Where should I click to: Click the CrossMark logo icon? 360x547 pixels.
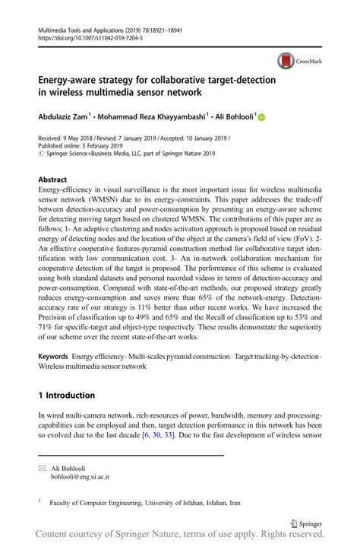[x=286, y=61]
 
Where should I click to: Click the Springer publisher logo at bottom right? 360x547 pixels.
[x=306, y=523]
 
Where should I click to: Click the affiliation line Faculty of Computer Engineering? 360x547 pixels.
[x=144, y=503]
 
